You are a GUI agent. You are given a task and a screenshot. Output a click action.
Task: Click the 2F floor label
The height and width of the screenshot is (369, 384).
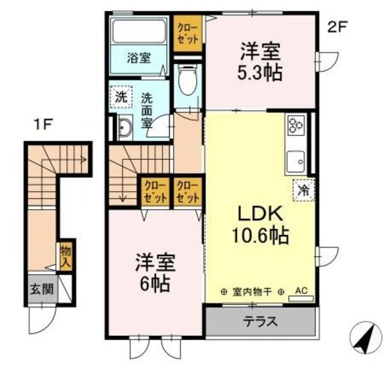[337, 27]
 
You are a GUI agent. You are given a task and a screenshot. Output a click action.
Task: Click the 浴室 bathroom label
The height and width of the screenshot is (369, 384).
[139, 58]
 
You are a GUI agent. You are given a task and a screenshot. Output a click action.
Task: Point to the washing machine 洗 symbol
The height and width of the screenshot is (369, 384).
[121, 96]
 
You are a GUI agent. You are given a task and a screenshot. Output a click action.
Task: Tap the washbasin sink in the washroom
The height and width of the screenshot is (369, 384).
[126, 129]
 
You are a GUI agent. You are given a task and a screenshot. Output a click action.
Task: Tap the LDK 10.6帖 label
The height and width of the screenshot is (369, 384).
[262, 225]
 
